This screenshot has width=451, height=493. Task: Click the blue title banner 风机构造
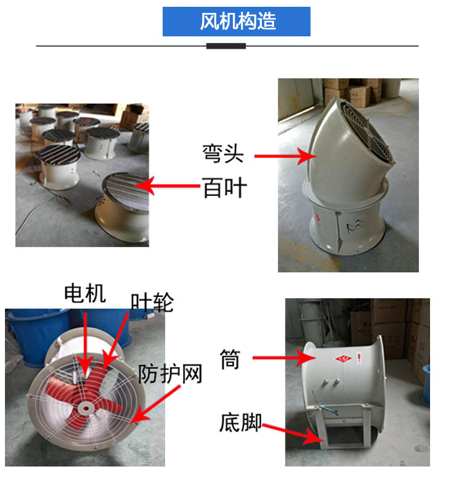(237, 22)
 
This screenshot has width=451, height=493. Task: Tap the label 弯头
(223, 153)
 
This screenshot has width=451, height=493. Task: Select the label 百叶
(225, 187)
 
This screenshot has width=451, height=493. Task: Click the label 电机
(85, 293)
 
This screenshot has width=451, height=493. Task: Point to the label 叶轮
(152, 302)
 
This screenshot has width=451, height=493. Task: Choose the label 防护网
(170, 374)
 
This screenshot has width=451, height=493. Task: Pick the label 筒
(230, 359)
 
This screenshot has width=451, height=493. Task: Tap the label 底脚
(240, 423)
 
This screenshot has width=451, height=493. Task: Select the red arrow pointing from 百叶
(167, 186)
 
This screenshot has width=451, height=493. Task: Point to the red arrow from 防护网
(156, 404)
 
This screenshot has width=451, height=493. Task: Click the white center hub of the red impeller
(86, 409)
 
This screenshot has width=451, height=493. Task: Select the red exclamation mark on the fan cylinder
(359, 359)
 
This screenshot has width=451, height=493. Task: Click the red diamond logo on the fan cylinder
(344, 359)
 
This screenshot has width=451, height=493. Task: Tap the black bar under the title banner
(226, 46)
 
